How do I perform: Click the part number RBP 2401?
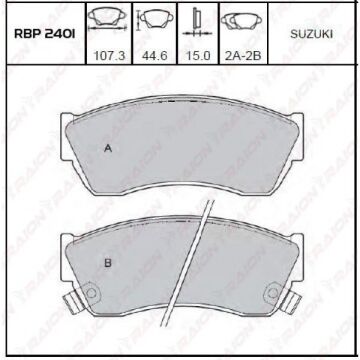(x=44, y=34)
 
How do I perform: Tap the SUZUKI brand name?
(x=311, y=34)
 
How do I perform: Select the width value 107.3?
(x=110, y=56)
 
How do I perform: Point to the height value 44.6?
(x=155, y=56)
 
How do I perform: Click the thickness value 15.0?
(x=198, y=56)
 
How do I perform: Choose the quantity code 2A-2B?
(x=243, y=56)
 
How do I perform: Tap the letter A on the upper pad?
(x=108, y=149)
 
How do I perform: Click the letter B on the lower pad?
(x=108, y=263)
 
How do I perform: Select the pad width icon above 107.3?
(x=107, y=19)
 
